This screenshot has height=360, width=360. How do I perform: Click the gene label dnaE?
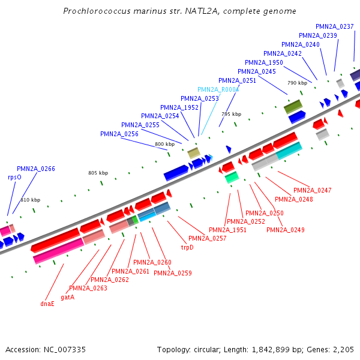[x=47, y=304]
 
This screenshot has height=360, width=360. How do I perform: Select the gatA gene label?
[x=67, y=297]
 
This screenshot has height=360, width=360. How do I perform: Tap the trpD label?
[x=187, y=247]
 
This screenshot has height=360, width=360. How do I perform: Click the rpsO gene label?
[x=14, y=178]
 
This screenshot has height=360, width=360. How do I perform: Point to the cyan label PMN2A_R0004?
[x=218, y=89]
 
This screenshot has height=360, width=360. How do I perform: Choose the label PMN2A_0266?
[x=36, y=169]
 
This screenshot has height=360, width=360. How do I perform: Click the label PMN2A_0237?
[x=335, y=26]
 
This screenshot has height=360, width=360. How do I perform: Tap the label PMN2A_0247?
[x=313, y=190]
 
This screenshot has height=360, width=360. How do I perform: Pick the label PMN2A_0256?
[x=119, y=134]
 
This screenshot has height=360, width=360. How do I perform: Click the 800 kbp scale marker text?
[x=164, y=144]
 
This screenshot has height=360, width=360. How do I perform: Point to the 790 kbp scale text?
[x=297, y=83]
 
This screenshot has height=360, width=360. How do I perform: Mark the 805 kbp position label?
[x=98, y=173]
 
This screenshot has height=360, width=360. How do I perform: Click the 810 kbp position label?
[x=30, y=200]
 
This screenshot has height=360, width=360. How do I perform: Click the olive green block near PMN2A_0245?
[x=293, y=107]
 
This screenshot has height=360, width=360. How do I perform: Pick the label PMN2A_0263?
[x=88, y=288]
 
